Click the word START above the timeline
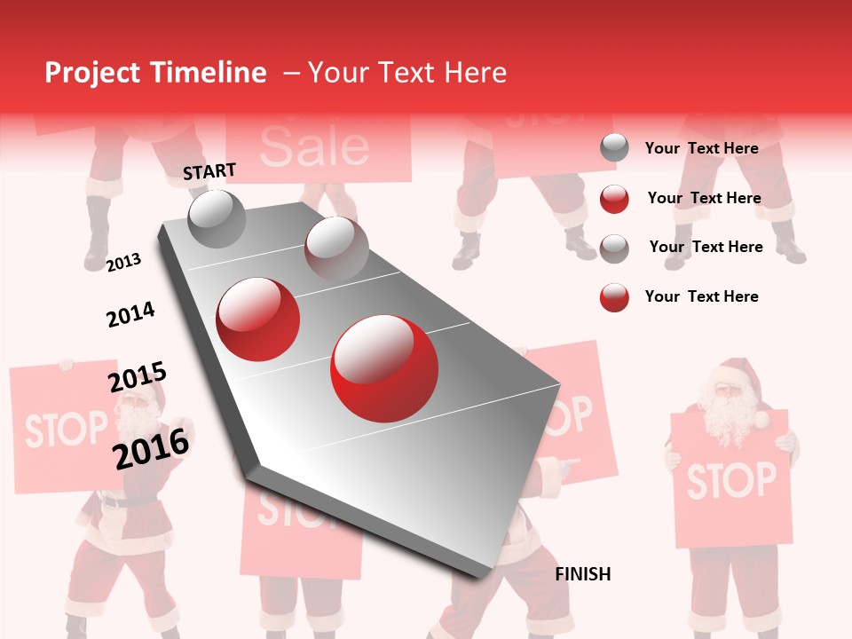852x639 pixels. click(x=209, y=171)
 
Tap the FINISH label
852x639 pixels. click(x=583, y=574)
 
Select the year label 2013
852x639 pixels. click(x=123, y=262)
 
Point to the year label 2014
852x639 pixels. click(x=130, y=314)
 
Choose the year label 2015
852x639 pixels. click(x=138, y=377)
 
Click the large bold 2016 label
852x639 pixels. click(x=152, y=448)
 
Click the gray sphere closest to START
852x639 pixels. click(x=217, y=218)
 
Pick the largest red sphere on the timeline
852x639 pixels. click(x=383, y=368)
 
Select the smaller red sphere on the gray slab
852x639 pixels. click(x=258, y=319)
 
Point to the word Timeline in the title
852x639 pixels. click(x=209, y=73)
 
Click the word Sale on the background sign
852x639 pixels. click(x=314, y=146)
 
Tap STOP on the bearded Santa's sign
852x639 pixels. click(x=731, y=480)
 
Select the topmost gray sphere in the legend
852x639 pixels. click(x=614, y=148)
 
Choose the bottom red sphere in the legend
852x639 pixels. click(x=614, y=297)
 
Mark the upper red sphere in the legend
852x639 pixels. click(x=614, y=199)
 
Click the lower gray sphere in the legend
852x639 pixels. click(x=614, y=248)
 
